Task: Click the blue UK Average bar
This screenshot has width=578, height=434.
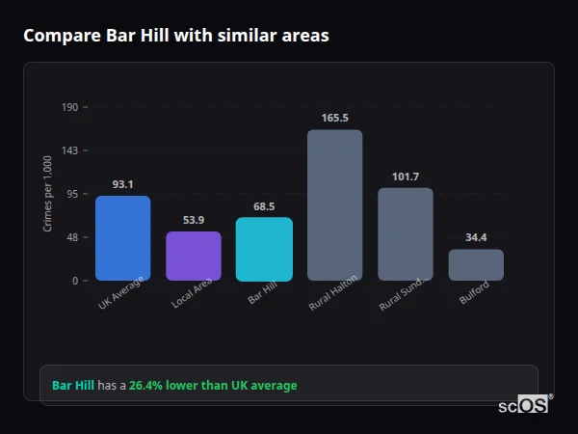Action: tap(122, 237)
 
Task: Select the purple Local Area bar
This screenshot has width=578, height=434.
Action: tap(194, 256)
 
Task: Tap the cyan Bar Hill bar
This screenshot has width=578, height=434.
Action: tap(264, 249)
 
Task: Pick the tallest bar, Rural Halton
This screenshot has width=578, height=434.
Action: tap(334, 204)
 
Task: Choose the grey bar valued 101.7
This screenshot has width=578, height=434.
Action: tap(406, 233)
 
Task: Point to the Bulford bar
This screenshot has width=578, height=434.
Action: tap(476, 264)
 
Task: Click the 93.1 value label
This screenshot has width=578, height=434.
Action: tap(122, 184)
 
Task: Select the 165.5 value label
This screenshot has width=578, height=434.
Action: tap(334, 118)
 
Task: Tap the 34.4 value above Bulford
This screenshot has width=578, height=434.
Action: tap(476, 237)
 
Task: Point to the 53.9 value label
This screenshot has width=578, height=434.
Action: tap(194, 220)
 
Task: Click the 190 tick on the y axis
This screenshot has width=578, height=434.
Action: tap(69, 107)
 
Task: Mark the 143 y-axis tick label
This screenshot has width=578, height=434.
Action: tap(69, 150)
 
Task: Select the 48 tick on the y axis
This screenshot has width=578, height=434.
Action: tap(71, 237)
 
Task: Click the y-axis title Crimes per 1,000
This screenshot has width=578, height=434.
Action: tap(48, 194)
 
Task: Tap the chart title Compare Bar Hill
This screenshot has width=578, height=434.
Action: tap(175, 36)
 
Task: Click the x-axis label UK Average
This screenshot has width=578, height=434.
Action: tap(121, 293)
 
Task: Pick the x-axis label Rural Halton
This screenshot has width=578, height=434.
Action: tap(334, 293)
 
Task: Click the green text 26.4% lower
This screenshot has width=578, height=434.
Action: tap(213, 386)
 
